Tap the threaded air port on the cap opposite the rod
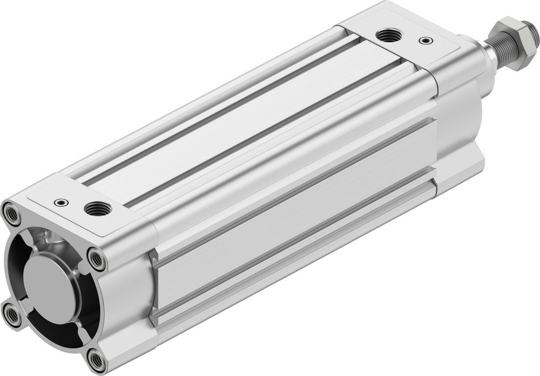click(97, 207)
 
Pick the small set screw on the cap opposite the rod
click(60, 203)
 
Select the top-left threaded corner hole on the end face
click(12, 214)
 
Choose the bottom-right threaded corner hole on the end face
click(97, 360)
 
